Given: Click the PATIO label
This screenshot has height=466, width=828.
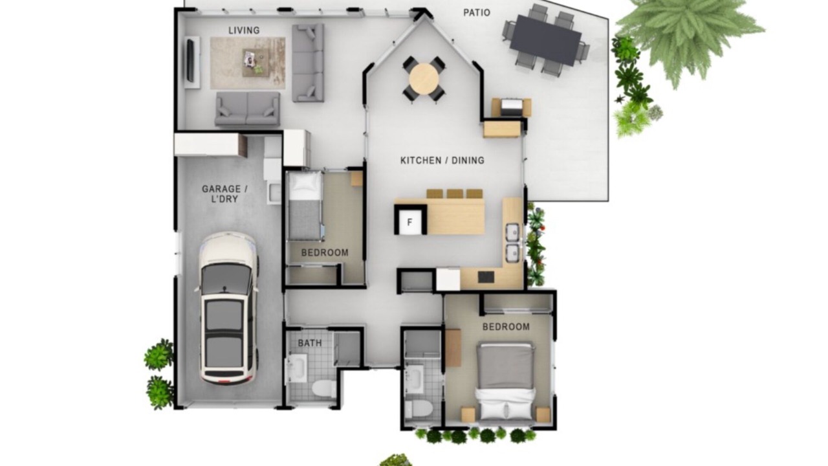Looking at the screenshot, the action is click(477, 12).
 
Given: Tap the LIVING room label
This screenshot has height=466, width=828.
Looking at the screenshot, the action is click(244, 30).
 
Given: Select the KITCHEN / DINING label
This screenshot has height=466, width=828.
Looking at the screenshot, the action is click(442, 161).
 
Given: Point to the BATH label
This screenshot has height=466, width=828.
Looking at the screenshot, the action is click(310, 343).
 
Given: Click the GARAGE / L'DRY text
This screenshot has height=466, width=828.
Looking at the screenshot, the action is click(224, 194).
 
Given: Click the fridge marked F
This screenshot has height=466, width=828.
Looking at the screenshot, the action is click(410, 221).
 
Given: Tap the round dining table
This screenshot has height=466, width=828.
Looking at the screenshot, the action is click(424, 79).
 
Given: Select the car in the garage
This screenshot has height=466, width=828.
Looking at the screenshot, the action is click(228, 308).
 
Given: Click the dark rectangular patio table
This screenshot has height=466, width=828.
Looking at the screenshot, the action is click(545, 40).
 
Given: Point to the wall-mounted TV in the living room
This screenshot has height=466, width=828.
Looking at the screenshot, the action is click(190, 60).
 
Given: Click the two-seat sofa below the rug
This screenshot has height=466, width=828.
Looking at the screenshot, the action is click(247, 109).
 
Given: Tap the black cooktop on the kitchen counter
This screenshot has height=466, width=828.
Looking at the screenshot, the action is click(486, 277).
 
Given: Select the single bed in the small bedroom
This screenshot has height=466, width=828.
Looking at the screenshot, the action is click(305, 206).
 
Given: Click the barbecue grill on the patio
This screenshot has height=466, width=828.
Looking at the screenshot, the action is click(512, 107).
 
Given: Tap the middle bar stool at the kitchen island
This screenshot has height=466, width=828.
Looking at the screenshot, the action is click(455, 194).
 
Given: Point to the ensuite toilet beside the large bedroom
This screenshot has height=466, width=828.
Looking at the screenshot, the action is click(419, 409).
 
